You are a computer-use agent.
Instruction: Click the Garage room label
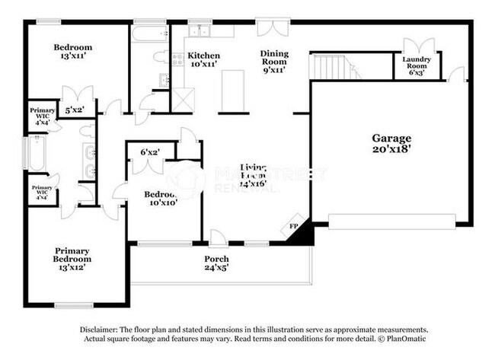coord(391,139)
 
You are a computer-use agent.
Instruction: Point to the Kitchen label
coord(204,56)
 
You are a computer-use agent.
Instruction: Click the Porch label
coord(216,260)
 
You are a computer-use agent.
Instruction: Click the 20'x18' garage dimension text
coord(391,150)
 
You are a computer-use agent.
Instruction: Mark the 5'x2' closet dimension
coord(74,111)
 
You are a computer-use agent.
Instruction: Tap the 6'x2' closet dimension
coord(150,151)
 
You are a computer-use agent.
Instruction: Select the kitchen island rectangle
coord(233,91)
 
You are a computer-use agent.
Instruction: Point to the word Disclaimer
coord(102,330)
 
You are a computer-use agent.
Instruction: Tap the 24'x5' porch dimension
coord(216,269)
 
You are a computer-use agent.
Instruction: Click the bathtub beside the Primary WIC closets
coord(36,153)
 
